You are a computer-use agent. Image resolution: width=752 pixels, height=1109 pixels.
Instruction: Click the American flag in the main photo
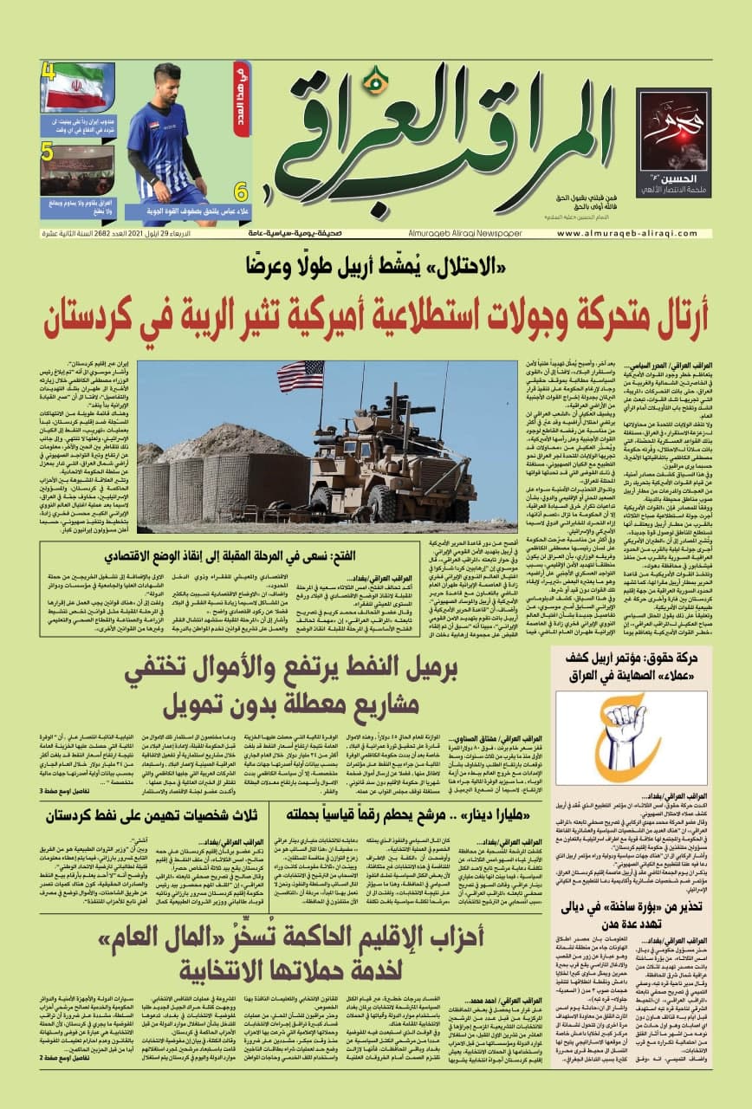(x=299, y=375)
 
